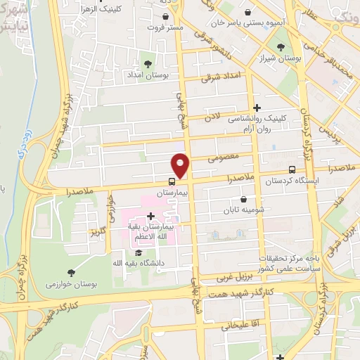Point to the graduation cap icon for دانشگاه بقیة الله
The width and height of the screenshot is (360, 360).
pyautogui.click(x=139, y=252)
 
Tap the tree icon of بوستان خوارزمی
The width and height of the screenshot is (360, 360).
pyautogui.click(x=72, y=272)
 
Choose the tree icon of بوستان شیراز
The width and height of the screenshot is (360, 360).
pyautogui.click(x=281, y=47)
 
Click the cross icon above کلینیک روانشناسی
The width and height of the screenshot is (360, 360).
pyautogui.click(x=257, y=108)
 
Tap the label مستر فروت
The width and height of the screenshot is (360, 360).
pyautogui.click(x=165, y=27)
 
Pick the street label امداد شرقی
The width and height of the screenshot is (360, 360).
pyautogui.click(x=221, y=77)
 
